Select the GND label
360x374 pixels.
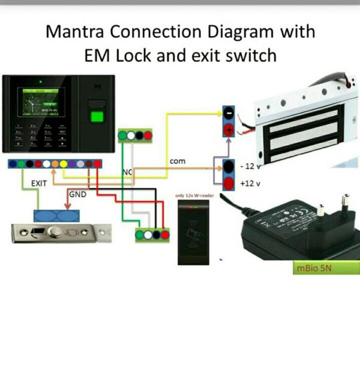(78, 195)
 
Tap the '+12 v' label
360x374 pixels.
(250, 184)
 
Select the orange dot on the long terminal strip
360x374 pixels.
(55, 164)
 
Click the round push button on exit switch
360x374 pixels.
(55, 231)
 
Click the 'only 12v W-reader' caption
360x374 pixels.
(195, 196)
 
